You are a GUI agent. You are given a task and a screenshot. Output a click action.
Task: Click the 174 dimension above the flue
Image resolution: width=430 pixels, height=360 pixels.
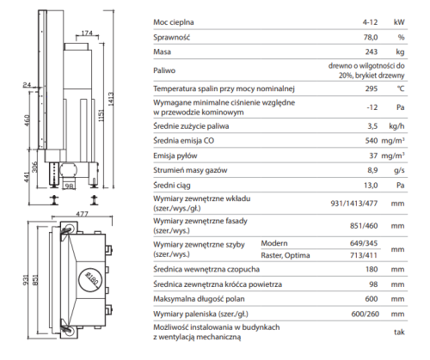click(87, 34)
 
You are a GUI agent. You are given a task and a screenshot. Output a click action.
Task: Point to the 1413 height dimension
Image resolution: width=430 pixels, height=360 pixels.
click(111, 99)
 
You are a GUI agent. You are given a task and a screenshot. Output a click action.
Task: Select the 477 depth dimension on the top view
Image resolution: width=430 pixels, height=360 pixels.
click(83, 214)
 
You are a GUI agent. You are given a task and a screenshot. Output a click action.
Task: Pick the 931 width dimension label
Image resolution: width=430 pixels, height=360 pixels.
click(26, 280)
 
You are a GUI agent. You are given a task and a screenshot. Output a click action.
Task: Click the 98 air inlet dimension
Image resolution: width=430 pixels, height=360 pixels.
click(69, 186)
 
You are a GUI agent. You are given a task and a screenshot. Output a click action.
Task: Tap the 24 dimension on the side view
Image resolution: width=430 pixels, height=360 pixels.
click(27, 85)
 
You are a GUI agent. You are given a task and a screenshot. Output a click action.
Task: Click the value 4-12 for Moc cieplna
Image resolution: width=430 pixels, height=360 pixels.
click(370, 22)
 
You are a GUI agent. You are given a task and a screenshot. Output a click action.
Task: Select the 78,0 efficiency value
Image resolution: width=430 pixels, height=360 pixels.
click(371, 37)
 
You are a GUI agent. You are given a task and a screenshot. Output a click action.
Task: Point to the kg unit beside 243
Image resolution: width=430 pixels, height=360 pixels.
click(400, 52)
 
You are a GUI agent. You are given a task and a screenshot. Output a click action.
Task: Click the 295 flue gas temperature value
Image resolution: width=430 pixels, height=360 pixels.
click(372, 88)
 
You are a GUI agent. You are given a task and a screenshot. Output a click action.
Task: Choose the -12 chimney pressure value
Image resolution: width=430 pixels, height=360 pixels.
click(372, 107)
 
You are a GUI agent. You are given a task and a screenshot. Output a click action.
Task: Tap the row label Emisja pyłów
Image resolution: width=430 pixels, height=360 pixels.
click(175, 156)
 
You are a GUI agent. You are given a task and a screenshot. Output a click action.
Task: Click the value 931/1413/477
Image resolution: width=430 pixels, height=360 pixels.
click(354, 204)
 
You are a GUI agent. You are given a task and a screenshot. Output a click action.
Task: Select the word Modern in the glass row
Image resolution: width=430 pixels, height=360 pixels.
click(274, 243)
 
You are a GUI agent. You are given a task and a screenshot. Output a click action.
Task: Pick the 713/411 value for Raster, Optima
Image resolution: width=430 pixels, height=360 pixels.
click(364, 255)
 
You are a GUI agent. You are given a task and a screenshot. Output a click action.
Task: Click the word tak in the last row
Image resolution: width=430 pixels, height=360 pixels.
click(399, 333)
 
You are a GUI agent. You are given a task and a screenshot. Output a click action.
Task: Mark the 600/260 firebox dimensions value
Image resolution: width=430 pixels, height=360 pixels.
click(365, 314)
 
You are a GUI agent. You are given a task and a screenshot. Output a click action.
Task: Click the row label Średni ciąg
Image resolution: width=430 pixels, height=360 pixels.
click(172, 186)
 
